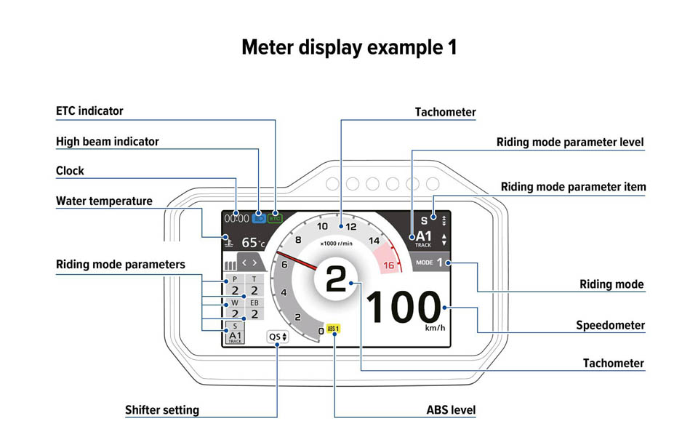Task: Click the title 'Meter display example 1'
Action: click(349, 48)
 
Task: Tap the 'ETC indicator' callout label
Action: click(89, 111)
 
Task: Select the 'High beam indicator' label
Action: click(107, 142)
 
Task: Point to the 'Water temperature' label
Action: click(104, 201)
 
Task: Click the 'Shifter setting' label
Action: click(161, 410)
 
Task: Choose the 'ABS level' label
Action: click(451, 410)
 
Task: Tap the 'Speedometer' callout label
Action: click(610, 325)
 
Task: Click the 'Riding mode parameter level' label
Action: click(570, 143)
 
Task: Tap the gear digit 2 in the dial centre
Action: click(336, 279)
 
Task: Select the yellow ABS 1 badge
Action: click(334, 329)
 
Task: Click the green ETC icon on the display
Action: click(275, 217)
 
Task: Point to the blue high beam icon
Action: click(260, 217)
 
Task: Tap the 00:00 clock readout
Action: click(236, 217)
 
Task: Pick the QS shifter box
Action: click(277, 337)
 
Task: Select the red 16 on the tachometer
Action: click(388, 265)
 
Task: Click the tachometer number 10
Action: click(322, 226)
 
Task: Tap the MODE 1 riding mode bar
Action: click(433, 262)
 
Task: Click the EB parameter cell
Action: click(254, 309)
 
